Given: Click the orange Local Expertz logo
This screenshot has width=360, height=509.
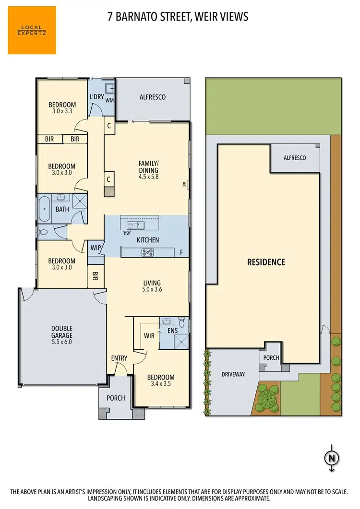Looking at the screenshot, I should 32,30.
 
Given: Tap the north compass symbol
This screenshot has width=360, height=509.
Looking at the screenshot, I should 331,458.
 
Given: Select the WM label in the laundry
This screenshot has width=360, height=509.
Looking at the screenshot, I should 109,100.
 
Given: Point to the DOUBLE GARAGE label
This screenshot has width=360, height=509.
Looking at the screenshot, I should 61,332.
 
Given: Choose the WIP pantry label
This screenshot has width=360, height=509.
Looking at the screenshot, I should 95,248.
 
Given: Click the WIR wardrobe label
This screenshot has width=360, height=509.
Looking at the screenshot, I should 149,336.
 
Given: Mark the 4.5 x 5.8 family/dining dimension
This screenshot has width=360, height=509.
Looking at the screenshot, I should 148,177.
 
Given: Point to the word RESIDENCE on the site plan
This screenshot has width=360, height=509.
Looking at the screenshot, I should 266,262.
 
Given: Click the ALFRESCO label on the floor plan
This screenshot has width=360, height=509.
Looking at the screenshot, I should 152,97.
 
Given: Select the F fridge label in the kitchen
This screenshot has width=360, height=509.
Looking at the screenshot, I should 181,252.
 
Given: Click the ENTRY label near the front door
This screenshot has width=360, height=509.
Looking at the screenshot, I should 119,358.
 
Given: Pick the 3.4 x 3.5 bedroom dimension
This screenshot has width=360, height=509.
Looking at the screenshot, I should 160,384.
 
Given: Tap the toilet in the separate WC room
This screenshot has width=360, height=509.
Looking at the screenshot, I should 43,232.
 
